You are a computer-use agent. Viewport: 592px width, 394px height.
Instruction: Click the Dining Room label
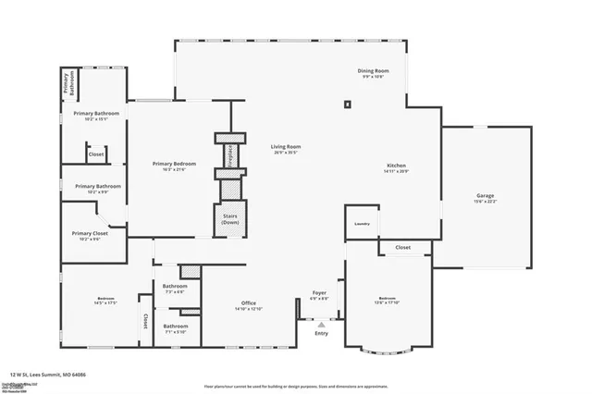tap(374, 72)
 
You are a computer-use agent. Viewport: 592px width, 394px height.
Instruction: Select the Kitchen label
tap(396, 168)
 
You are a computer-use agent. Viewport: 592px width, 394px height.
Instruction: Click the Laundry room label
tap(362, 223)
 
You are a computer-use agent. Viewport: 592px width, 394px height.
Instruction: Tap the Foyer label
tap(319, 295)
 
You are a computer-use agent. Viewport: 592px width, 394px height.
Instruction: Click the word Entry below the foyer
tap(321, 333)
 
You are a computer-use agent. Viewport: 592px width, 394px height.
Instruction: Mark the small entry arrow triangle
tap(321, 325)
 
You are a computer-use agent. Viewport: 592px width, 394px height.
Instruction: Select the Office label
tap(249, 305)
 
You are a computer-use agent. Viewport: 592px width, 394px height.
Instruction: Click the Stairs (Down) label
tap(230, 219)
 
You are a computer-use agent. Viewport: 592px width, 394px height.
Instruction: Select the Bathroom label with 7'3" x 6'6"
tap(175, 288)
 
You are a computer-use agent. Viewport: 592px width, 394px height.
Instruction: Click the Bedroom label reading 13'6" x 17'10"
tap(388, 300)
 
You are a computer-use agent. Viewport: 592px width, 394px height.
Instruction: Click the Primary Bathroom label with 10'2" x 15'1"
tap(96, 115)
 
